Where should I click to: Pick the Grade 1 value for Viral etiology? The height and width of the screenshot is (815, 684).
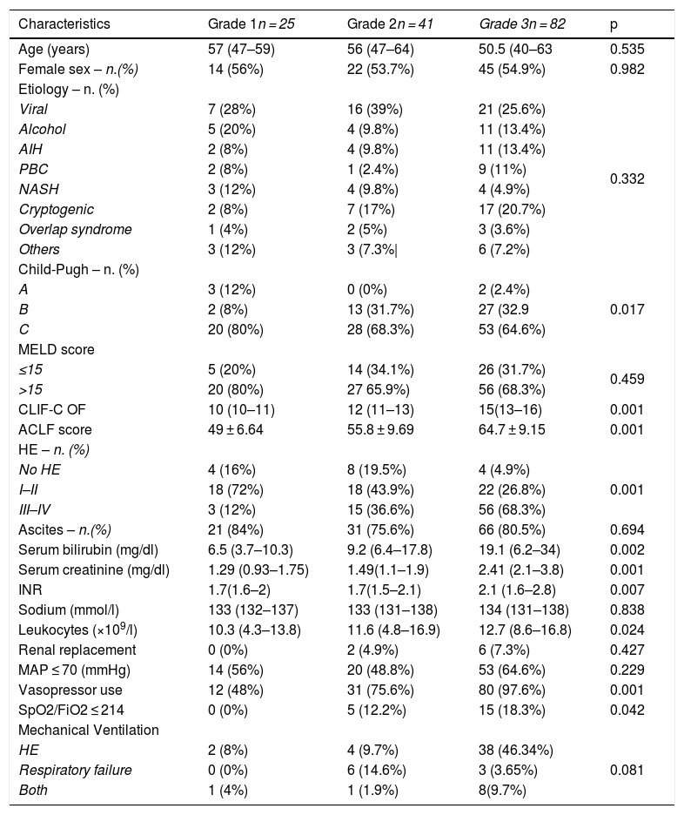229,109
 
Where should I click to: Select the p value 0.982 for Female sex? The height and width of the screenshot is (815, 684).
627,69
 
